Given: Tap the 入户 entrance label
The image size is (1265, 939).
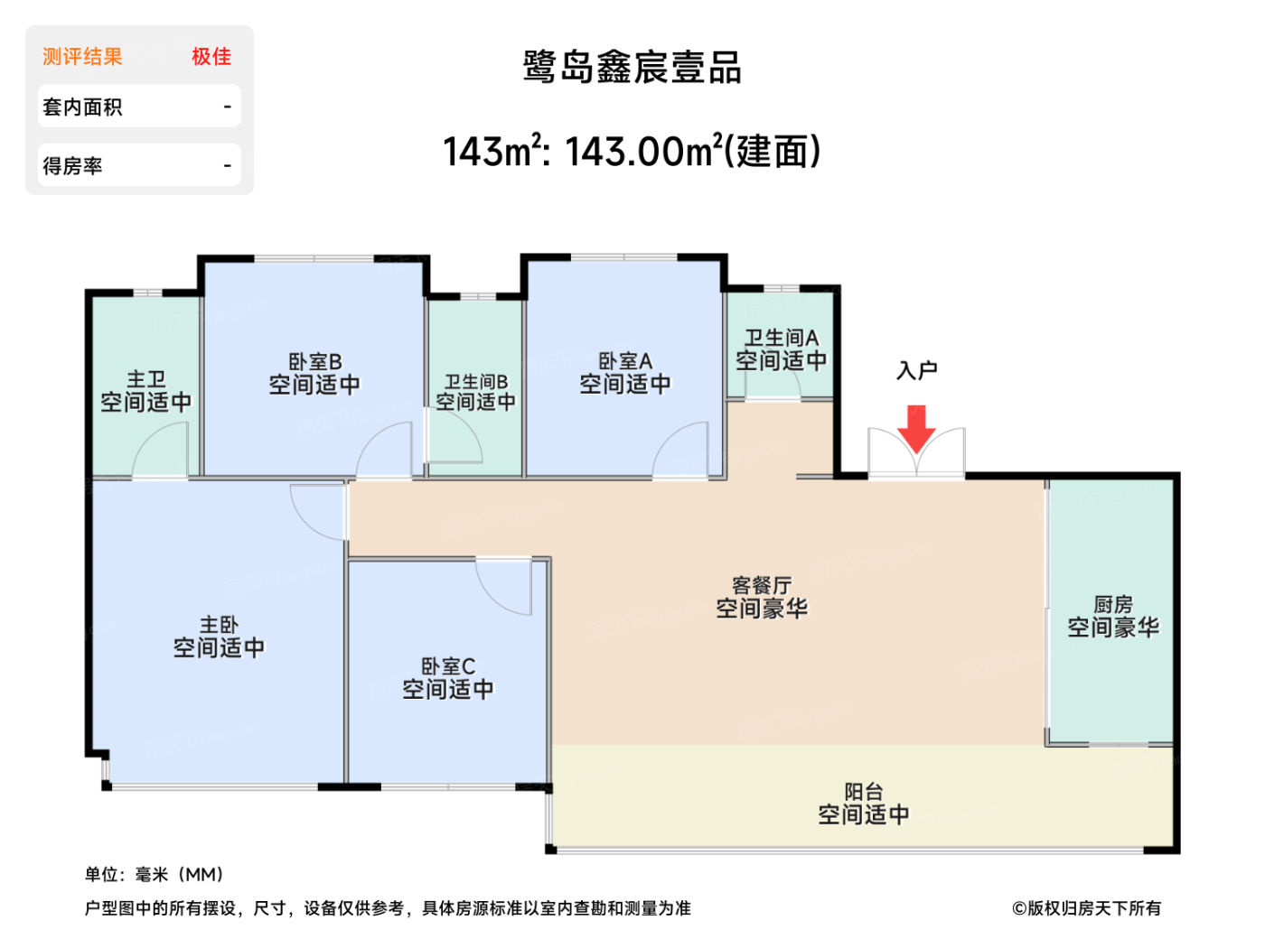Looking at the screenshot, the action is click(x=916, y=370).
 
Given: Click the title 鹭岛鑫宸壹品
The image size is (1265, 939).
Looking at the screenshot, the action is click(x=632, y=68).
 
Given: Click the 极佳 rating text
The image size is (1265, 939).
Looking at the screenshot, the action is click(x=211, y=57).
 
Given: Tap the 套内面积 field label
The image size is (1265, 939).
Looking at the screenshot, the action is click(x=82, y=107).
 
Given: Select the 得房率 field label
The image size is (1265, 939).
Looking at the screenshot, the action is click(x=72, y=166).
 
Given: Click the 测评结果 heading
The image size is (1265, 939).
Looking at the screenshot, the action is click(x=82, y=57).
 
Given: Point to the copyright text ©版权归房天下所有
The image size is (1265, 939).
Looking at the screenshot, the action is click(x=1086, y=908).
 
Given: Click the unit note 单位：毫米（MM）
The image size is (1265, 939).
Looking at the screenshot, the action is click(x=154, y=874).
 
